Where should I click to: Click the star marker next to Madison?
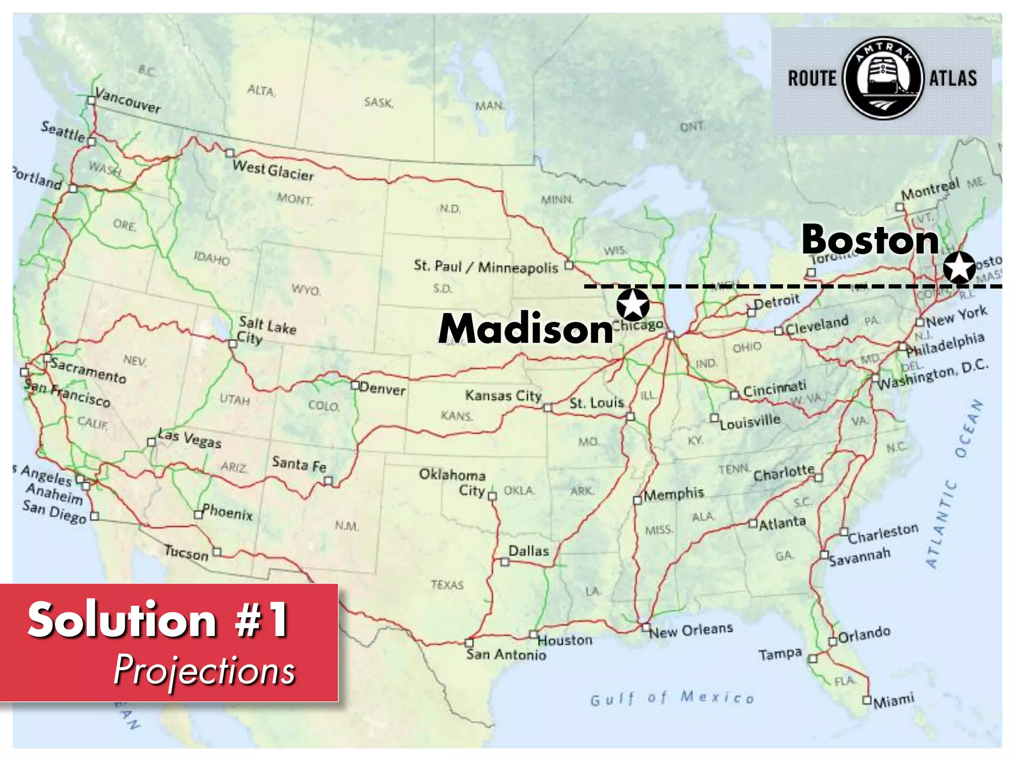(633, 304)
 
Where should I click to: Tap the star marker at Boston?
(959, 267)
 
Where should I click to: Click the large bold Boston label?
(870, 240)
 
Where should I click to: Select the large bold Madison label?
(526, 329)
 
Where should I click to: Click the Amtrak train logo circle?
(883, 78)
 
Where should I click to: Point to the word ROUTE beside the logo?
(812, 79)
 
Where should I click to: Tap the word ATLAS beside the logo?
(953, 79)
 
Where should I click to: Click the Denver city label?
(382, 388)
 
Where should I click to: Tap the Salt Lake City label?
(267, 330)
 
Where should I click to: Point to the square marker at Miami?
(867, 700)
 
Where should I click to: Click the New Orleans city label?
(691, 631)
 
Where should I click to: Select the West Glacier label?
(273, 170)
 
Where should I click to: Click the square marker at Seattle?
(91, 142)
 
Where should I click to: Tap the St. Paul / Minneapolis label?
(486, 267)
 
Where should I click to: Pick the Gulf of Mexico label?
(672, 698)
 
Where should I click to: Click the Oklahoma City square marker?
(492, 496)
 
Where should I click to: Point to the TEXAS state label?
(447, 585)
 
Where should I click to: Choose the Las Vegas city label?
(189, 438)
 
